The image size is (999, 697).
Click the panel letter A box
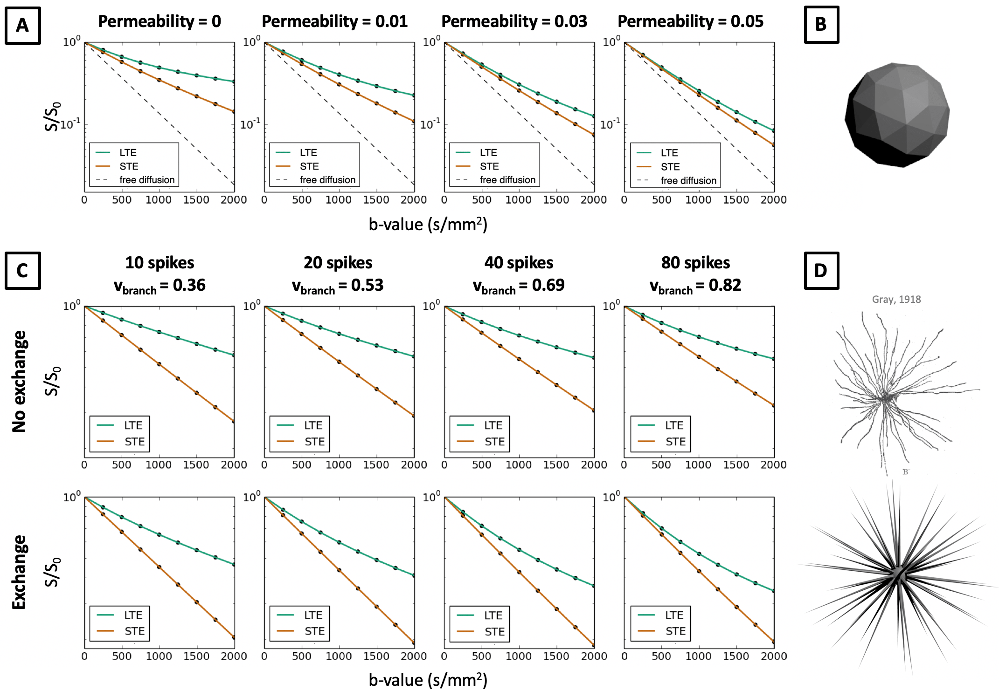[x=22, y=26]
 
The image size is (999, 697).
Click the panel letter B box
[x=821, y=25]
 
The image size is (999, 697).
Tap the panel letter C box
[x=22, y=271]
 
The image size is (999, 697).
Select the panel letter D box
[x=821, y=271]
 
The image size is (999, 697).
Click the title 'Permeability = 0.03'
[x=514, y=21]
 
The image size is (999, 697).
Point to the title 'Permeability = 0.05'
[x=690, y=21]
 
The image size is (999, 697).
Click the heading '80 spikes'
[x=695, y=263]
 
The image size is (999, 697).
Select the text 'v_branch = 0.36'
[x=160, y=285]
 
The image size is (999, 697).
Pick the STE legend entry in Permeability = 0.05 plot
[x=670, y=167]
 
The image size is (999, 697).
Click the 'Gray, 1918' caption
[x=896, y=300]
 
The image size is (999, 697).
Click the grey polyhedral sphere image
[x=897, y=115]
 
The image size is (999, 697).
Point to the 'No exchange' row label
[x=19, y=382]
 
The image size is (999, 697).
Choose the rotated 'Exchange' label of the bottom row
[x=19, y=572]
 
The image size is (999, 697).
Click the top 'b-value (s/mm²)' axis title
[x=428, y=225]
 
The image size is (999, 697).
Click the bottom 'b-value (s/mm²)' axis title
[x=428, y=680]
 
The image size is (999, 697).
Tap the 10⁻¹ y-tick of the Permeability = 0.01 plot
[x=250, y=124]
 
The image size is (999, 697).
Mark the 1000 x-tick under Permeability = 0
[x=159, y=200]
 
